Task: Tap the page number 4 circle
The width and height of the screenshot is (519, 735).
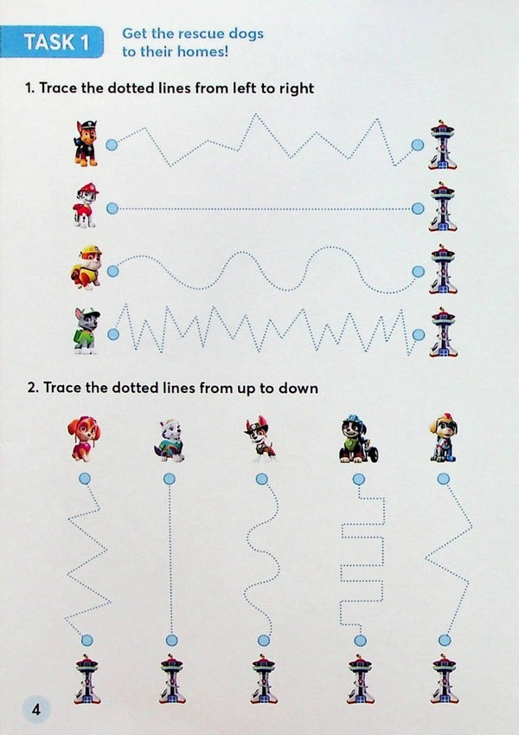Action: tap(36, 710)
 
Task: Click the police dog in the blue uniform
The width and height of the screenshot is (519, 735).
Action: tap(86, 143)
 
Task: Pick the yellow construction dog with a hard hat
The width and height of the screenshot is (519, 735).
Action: tap(86, 268)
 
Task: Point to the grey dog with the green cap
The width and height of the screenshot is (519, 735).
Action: tap(86, 330)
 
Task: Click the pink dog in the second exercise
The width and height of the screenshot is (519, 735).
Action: tap(85, 439)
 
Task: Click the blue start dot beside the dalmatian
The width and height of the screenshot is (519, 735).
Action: tap(112, 209)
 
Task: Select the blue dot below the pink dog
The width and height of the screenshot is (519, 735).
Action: tap(84, 478)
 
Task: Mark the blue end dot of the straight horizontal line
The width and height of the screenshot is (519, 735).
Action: tap(419, 209)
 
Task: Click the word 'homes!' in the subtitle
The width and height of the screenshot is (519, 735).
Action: tap(225, 52)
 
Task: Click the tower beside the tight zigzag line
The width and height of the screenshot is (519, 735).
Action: tap(443, 332)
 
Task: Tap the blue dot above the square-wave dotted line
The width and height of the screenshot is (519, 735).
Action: tap(355, 478)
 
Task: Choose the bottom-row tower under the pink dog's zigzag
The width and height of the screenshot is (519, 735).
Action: tap(86, 679)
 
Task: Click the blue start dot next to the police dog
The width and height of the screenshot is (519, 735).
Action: tap(112, 145)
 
